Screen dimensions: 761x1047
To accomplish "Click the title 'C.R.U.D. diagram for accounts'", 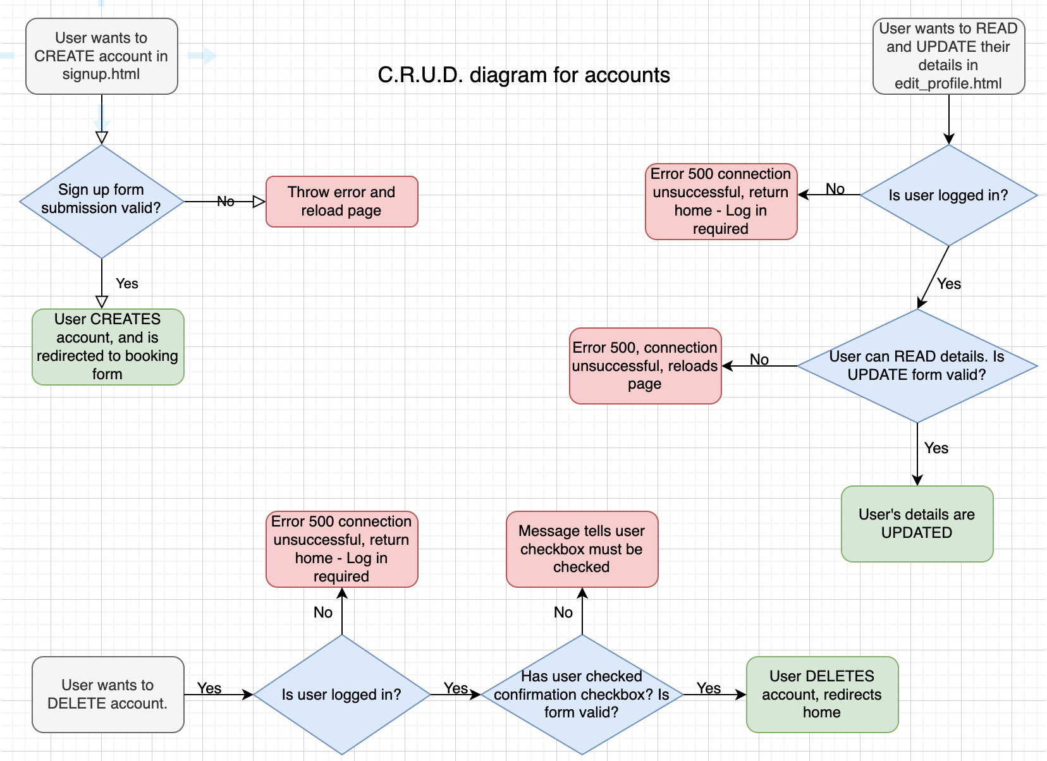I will click(523, 75).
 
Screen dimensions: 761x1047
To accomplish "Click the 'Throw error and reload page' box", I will click(341, 201).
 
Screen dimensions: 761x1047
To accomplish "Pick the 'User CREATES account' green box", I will click(107, 346).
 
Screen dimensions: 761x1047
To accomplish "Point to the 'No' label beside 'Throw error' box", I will click(226, 201).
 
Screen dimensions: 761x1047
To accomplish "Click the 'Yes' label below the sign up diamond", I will click(127, 284).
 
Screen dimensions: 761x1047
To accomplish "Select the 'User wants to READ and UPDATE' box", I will click(948, 56).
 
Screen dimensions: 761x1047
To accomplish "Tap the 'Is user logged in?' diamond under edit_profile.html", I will click(948, 195).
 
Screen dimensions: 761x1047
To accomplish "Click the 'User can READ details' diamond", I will click(917, 365).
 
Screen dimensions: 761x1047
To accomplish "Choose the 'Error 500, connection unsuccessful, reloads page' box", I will click(645, 365).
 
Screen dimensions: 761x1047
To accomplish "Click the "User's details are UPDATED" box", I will click(917, 523).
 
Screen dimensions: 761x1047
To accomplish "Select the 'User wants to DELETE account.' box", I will click(107, 694).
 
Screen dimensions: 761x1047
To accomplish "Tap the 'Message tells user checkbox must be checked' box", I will click(582, 549).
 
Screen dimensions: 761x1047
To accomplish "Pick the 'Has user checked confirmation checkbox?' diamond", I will click(582, 694).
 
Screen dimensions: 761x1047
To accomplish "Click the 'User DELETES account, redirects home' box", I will click(822, 694).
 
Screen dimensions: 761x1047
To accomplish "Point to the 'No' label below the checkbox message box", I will click(563, 612).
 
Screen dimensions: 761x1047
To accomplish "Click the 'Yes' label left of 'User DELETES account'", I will click(709, 688).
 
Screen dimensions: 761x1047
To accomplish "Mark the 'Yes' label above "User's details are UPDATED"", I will click(936, 448).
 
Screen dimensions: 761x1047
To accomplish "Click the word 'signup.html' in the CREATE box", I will click(101, 74).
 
